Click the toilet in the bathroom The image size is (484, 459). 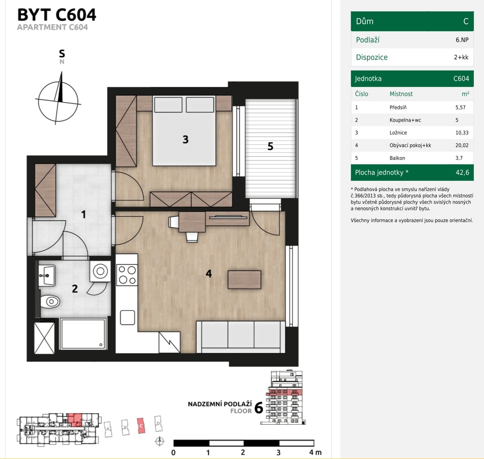50,302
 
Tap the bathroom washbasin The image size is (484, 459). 47,275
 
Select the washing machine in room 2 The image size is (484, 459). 100,271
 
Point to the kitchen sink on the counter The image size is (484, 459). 127,318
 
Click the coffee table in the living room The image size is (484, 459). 244,279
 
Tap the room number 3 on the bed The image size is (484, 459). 185,140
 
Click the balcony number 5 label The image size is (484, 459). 270,146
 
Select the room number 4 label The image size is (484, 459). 209,273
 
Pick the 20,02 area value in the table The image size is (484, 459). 462,145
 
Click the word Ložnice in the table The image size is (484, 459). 398,132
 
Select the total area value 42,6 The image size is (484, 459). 462,173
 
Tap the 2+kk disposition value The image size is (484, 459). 461,57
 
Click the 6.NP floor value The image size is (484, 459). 462,40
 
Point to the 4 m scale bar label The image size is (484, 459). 315,452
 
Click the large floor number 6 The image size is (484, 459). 259,408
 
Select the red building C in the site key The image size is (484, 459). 141,426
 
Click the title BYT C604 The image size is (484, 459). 57,14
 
